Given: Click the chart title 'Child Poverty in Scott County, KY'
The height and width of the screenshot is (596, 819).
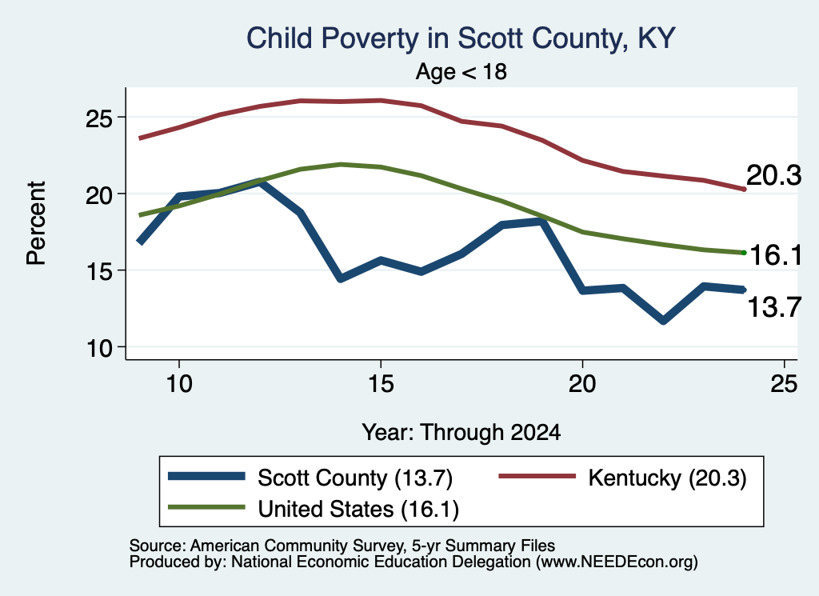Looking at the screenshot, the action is coord(461,39).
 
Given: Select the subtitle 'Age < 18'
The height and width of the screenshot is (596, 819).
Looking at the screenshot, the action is coord(461,71).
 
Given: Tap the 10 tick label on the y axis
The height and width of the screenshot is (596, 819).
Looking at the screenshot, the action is coord(98,348).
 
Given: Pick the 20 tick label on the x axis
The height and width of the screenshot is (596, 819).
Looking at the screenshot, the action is coord(582,384).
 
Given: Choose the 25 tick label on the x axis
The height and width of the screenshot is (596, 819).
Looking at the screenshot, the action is coord(784,384).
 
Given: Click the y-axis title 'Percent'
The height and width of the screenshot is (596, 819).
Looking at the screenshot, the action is coord(37,223).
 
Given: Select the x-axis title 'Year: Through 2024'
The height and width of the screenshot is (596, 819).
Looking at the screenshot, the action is coord(461,433).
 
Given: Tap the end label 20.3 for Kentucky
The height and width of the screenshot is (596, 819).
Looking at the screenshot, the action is coord(773,175).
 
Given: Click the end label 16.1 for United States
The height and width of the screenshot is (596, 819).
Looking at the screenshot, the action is coord(776,255).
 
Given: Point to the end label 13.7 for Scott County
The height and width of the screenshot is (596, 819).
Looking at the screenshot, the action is coord(774,306).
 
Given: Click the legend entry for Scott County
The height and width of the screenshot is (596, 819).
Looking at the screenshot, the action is coord(310,478).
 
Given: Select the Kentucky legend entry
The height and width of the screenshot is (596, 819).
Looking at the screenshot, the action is coord(622,478).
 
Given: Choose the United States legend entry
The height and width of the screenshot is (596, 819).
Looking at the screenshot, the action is coord(314,509).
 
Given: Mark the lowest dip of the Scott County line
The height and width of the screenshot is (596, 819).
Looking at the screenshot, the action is coord(663,320).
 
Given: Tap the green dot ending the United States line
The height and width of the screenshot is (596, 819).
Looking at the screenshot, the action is coord(744,253).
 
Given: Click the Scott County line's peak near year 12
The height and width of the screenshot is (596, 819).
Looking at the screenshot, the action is coord(260,182).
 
